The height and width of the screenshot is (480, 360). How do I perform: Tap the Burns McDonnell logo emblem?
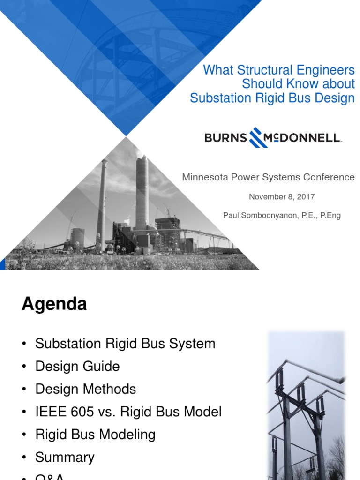click(259, 137)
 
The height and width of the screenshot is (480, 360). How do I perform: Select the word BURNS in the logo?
click(225, 138)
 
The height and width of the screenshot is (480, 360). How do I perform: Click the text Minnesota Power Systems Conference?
click(268, 177)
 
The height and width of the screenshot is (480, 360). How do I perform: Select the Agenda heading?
click(54, 304)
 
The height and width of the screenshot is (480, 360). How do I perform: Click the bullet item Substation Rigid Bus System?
click(125, 344)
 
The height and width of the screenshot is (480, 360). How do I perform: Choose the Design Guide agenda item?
click(77, 366)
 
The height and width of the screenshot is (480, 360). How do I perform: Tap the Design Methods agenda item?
click(85, 389)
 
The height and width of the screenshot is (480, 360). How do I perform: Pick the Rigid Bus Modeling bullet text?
click(95, 435)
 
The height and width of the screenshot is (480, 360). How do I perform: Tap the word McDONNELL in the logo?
click(303, 138)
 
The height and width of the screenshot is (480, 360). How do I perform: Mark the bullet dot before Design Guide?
click(24, 367)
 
